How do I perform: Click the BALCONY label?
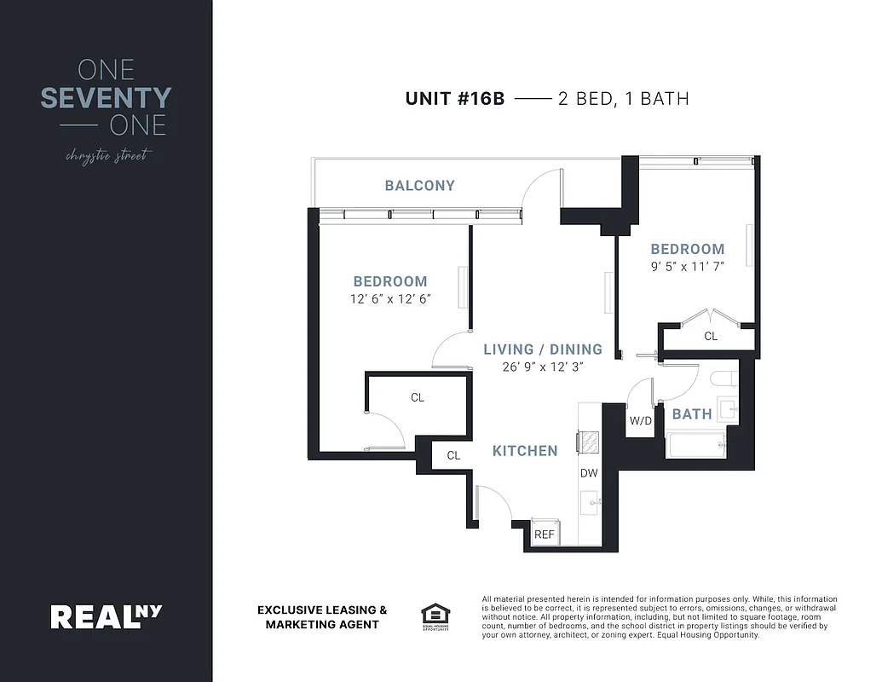coord(419,185)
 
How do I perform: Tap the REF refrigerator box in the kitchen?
coord(544,535)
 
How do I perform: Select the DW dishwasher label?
coord(589,473)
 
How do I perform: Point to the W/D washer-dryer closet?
coord(640,420)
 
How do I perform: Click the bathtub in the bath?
coord(695,445)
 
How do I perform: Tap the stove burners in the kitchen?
coord(589,441)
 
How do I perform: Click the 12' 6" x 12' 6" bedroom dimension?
coord(389,298)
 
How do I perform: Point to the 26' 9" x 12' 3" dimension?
coord(543,367)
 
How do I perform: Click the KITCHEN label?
coord(525,451)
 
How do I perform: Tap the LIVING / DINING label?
coord(543,350)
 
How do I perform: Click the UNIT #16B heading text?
coord(455,99)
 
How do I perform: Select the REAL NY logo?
coord(106,616)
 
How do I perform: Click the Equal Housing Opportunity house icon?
coord(434,615)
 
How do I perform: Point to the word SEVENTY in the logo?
coord(106,98)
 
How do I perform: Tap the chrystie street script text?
coord(106,156)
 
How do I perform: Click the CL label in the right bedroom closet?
coord(711,337)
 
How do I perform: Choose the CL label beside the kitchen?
coord(453,456)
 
